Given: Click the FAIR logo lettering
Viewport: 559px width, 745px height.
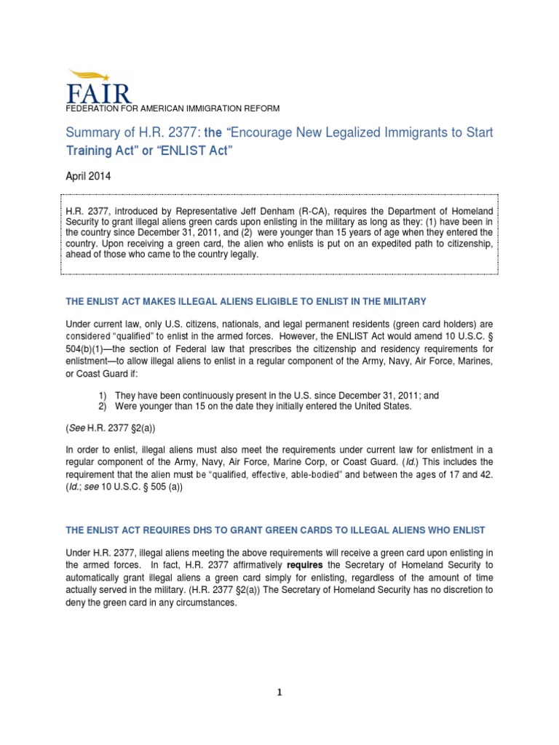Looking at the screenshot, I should (x=99, y=93).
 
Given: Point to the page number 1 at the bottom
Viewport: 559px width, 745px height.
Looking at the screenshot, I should (x=279, y=693).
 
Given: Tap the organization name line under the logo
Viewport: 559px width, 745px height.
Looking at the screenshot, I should (x=173, y=108).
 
